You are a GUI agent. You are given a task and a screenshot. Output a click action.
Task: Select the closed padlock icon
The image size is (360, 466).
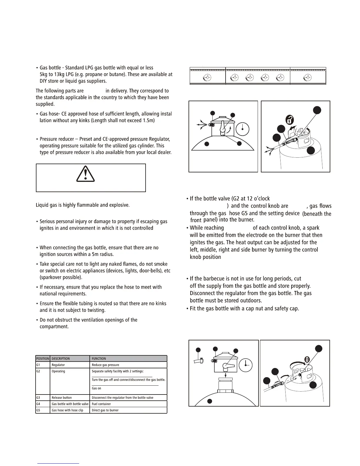pyautogui.click(x=307, y=360)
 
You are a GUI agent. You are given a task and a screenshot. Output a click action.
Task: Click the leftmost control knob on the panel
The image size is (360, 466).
pyautogui.click(x=207, y=77)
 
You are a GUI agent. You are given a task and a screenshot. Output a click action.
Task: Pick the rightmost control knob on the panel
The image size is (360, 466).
pyautogui.click(x=307, y=77)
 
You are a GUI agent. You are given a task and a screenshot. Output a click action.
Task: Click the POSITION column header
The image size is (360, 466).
pyautogui.click(x=43, y=359)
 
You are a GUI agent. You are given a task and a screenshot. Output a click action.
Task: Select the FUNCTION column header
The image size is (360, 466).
pyautogui.click(x=99, y=359)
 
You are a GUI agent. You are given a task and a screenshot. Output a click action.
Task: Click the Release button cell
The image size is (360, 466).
pyautogui.click(x=62, y=397)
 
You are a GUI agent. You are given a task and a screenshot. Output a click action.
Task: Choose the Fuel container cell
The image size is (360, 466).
pyautogui.click(x=101, y=404)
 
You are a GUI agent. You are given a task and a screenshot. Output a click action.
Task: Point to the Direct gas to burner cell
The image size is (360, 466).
pyautogui.click(x=105, y=410)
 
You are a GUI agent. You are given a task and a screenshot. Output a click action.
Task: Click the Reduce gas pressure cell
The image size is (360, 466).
pyautogui.click(x=105, y=365)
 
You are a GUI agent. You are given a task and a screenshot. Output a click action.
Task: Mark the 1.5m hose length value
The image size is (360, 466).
pyautogui.click(x=148, y=121)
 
